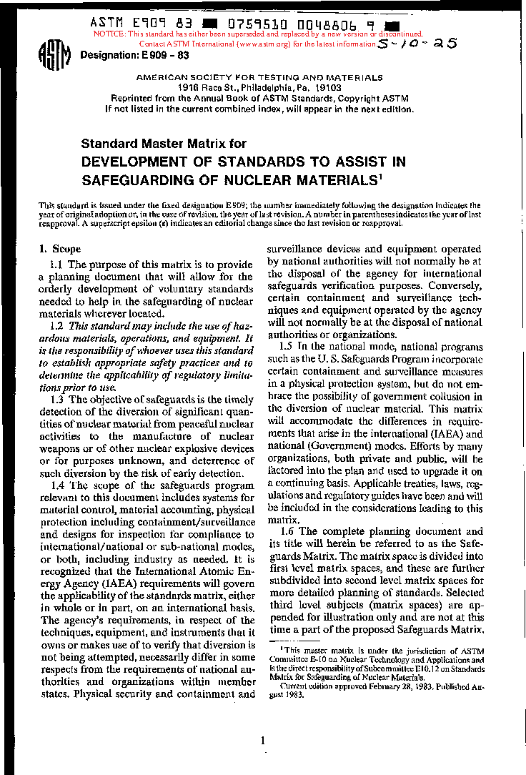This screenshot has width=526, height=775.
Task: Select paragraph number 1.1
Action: click(x=57, y=265)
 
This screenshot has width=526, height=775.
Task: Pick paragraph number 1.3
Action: click(x=57, y=399)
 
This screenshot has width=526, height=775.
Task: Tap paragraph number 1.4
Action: click(x=57, y=486)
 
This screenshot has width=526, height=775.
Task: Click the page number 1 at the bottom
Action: click(x=263, y=741)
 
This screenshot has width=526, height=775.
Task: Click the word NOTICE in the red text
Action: click(x=109, y=34)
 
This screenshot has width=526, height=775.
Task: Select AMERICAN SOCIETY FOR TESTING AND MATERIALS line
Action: click(x=259, y=78)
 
